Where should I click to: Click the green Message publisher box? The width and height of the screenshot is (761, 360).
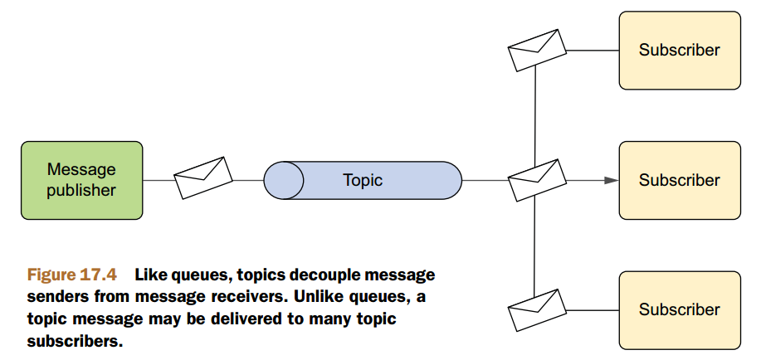pyautogui.click(x=81, y=180)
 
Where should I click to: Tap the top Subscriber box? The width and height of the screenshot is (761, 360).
pyautogui.click(x=679, y=50)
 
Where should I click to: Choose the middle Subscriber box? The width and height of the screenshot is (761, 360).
pyautogui.click(x=679, y=180)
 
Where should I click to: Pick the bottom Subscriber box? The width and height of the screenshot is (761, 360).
pyautogui.click(x=679, y=309)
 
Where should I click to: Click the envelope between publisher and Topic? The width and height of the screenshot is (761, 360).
pyautogui.click(x=203, y=177)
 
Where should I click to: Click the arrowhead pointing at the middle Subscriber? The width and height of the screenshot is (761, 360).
pyautogui.click(x=611, y=180)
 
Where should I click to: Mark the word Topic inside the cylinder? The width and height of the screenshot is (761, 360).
pyautogui.click(x=363, y=180)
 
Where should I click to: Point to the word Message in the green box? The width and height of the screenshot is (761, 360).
pyautogui.click(x=81, y=169)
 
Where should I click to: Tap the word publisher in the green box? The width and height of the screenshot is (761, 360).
pyautogui.click(x=81, y=191)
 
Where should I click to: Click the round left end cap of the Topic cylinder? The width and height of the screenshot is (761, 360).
pyautogui.click(x=284, y=180)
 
